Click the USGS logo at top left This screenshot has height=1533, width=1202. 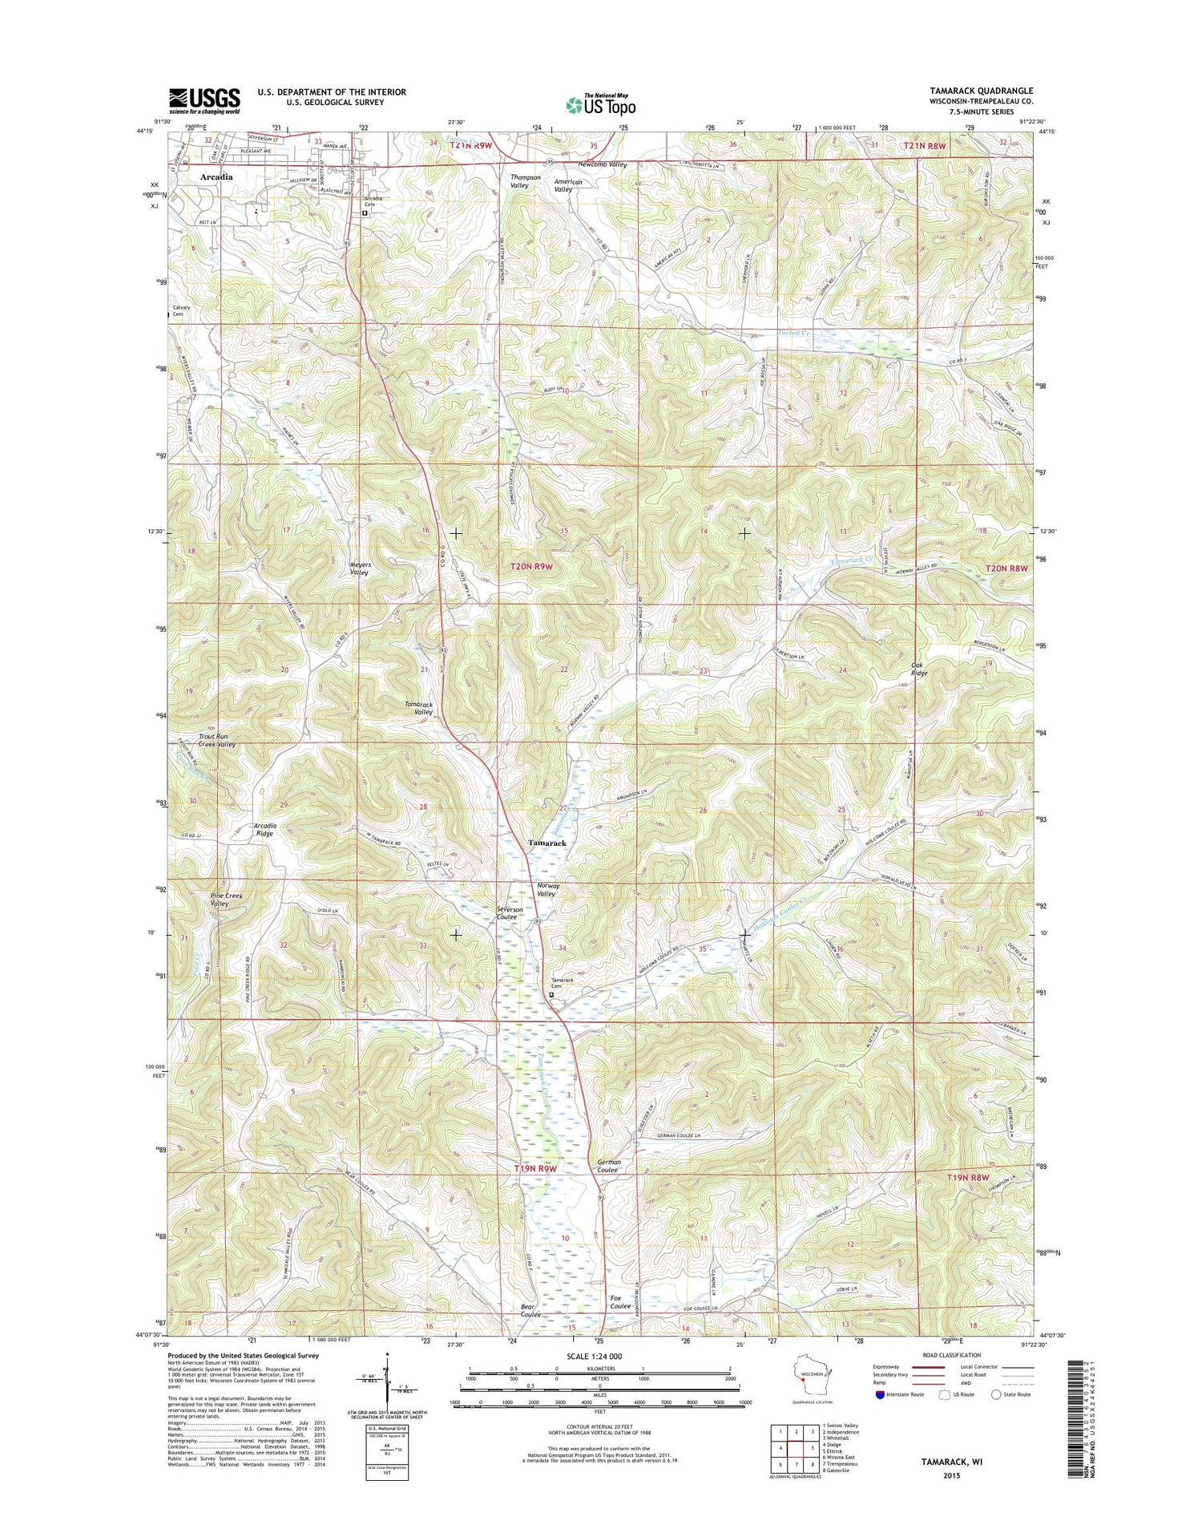tap(204, 100)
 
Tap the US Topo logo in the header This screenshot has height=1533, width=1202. tap(601, 103)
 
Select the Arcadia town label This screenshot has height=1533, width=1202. tap(216, 176)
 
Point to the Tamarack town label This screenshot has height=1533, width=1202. tap(547, 843)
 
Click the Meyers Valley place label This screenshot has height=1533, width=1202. tap(360, 568)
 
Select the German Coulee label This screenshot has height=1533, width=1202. tap(608, 1166)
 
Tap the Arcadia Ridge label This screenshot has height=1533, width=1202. tap(264, 829)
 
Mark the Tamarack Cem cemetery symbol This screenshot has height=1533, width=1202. tap(551, 995)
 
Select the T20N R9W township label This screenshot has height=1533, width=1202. tap(532, 566)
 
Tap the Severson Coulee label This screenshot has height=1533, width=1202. tap(510, 913)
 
